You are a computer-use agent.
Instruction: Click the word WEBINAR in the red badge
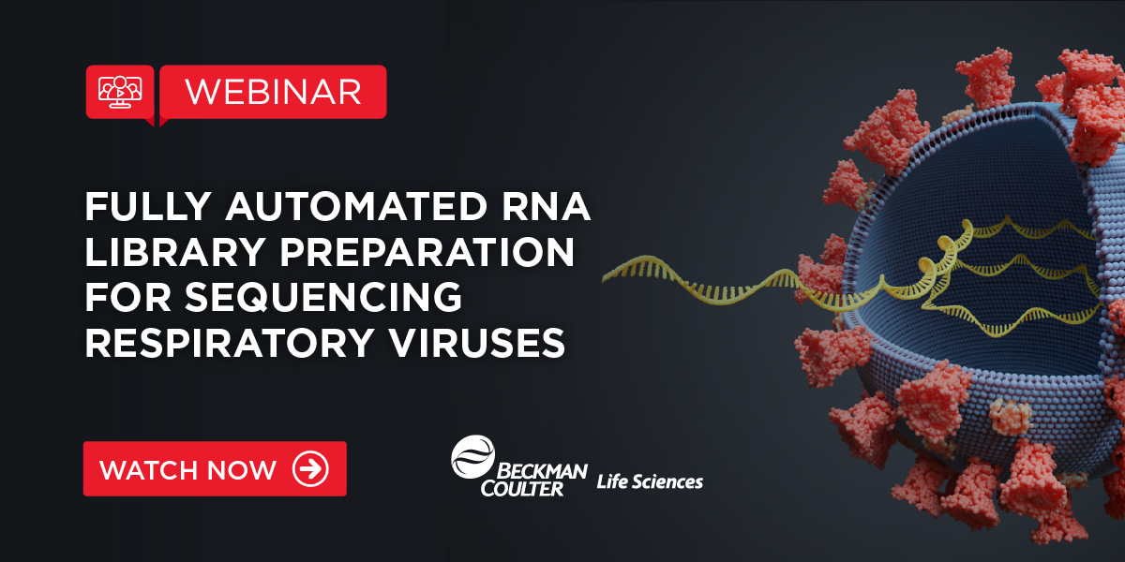(273, 91)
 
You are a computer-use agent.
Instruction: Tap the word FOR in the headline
(123, 299)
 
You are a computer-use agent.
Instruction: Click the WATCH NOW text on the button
(187, 469)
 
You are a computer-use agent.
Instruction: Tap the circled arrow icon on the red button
(310, 469)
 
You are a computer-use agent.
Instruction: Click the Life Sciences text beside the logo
(650, 481)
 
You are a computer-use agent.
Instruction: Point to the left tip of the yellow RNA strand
(607, 273)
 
